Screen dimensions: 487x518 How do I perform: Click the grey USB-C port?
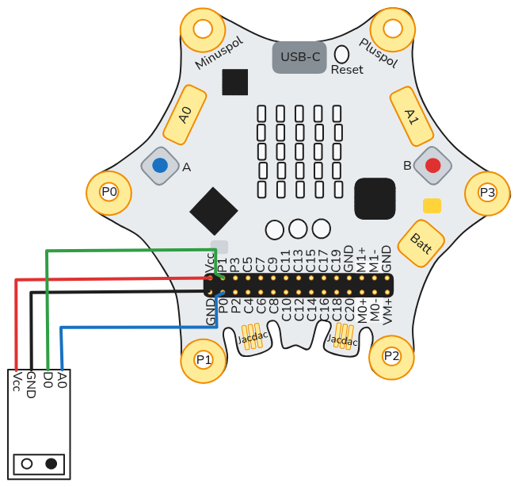coord(299,57)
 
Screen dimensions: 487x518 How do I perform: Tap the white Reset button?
coord(342,54)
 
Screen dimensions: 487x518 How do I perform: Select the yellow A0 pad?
coord(185,115)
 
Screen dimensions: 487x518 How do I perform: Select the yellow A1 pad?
coord(410,117)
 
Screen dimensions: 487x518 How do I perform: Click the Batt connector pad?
coord(420,242)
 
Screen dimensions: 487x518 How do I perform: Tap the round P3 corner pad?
coord(487,192)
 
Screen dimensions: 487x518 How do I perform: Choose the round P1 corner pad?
coord(204,359)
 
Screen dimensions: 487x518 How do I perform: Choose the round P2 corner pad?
coord(391,356)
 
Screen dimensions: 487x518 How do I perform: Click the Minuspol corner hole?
coord(203,29)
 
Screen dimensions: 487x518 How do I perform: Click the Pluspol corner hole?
coord(394,29)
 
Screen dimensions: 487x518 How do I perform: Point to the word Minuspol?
coord(219,53)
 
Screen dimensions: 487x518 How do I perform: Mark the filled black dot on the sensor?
coord(51,463)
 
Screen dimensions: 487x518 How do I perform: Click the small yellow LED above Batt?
coord(432,206)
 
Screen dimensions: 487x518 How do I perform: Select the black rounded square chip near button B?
coord(375,198)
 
